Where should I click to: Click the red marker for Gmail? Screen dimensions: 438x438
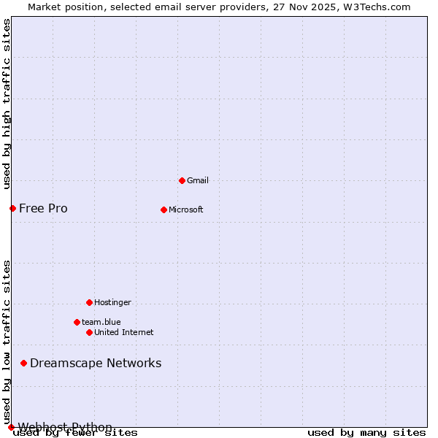click(x=182, y=180)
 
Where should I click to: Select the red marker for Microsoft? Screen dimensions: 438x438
click(x=164, y=210)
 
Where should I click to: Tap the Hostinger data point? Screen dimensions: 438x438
click(x=89, y=302)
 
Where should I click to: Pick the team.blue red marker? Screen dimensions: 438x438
click(x=77, y=322)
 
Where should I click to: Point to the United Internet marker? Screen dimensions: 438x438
click(x=89, y=332)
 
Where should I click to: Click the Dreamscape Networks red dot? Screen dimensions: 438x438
click(x=23, y=363)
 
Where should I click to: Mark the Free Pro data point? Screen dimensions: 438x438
click(x=12, y=208)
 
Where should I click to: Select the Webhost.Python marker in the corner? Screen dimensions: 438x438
click(x=11, y=427)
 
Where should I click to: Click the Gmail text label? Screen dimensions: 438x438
click(x=198, y=180)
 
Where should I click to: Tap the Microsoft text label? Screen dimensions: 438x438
click(x=186, y=210)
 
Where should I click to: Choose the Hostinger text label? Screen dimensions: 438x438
click(x=112, y=302)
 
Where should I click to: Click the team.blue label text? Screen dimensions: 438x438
click(x=101, y=322)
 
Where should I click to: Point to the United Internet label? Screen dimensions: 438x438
click(x=124, y=332)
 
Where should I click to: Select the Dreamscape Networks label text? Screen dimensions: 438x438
click(x=96, y=363)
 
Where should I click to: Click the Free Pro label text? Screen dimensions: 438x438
click(x=43, y=208)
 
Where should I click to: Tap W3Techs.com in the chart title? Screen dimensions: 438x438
click(x=377, y=7)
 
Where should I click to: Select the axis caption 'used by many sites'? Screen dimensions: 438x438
click(x=366, y=433)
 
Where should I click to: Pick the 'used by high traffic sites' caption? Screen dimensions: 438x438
click(x=7, y=104)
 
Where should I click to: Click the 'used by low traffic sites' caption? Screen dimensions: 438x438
click(x=7, y=342)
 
